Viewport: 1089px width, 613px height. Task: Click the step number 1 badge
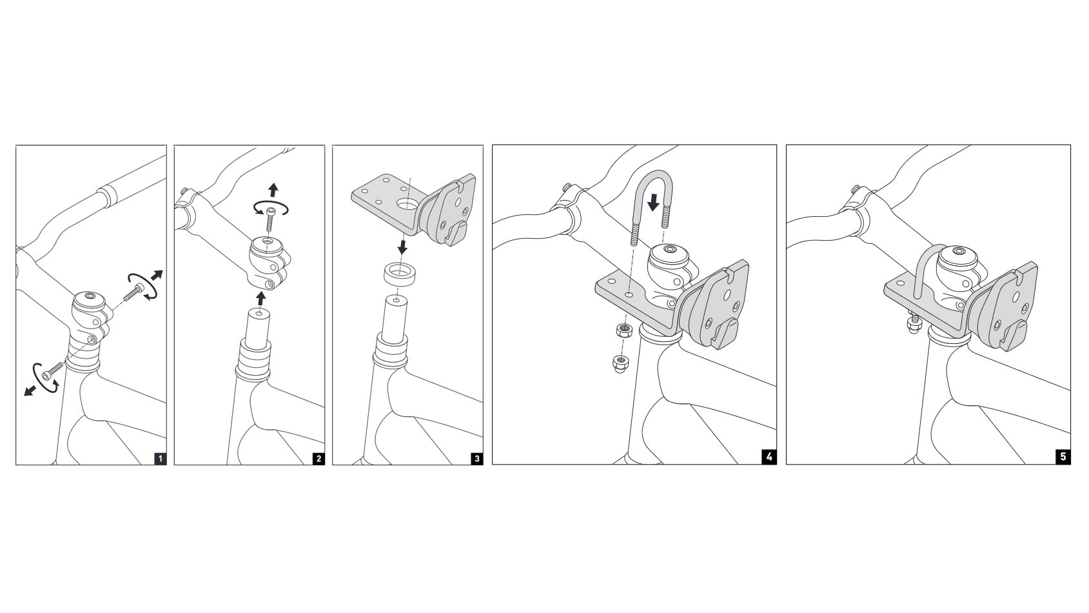point(160,458)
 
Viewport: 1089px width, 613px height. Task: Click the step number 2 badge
point(319,458)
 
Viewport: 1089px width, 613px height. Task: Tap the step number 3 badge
point(477,458)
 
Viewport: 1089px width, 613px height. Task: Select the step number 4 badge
point(769,457)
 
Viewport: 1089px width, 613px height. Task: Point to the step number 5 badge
point(1063,457)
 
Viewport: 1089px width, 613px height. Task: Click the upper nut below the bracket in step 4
point(623,331)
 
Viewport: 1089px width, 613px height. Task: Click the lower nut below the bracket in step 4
point(620,363)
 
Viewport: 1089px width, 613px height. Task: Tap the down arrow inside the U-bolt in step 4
point(654,203)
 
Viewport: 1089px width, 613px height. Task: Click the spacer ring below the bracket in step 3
point(400,275)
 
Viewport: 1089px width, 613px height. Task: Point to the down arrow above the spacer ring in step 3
point(402,246)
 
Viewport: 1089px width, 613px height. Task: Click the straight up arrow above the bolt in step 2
point(273,190)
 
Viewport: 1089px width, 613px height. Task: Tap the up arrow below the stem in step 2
point(261,298)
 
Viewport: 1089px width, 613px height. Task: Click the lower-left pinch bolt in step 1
point(53,371)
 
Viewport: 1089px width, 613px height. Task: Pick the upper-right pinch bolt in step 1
point(133,293)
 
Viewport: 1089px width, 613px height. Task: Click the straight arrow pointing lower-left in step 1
point(30,390)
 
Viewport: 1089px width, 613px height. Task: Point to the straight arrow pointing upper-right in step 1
point(157,276)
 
